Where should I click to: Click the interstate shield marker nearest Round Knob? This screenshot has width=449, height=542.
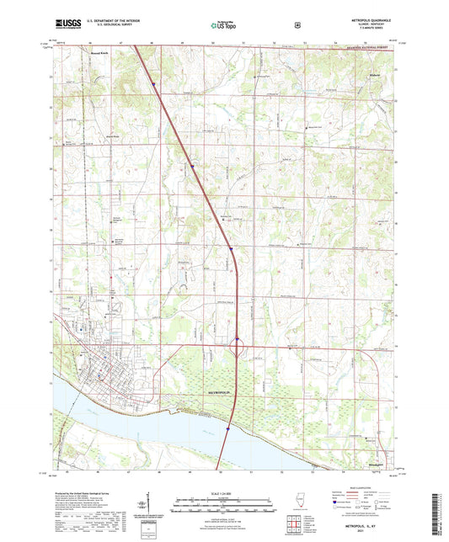pyautogui.click(x=156, y=82)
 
